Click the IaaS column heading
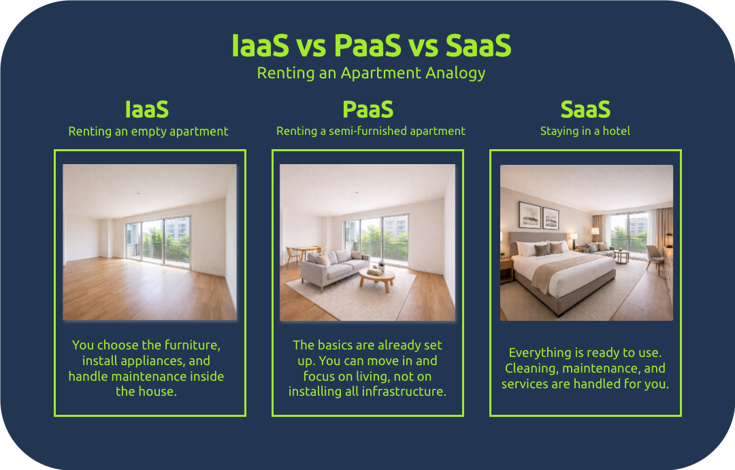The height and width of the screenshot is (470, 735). (146, 110)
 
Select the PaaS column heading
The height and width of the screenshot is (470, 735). (367, 110)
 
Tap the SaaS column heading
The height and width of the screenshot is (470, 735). (585, 110)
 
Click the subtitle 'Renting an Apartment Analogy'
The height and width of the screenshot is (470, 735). (371, 73)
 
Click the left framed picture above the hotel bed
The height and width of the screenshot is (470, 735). (529, 215)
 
